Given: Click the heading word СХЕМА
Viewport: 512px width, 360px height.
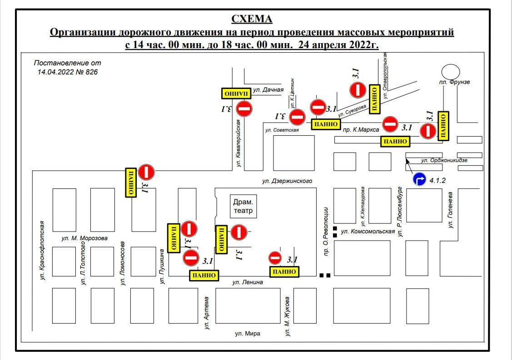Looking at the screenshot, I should coord(252,19).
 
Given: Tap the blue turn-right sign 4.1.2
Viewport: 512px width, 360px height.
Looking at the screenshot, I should coord(419,180).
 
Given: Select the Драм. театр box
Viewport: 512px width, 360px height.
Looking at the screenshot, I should coord(243,207).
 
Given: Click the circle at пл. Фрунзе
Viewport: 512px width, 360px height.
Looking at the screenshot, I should coord(451,71).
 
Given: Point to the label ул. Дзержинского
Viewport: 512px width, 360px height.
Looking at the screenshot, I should coord(287,181).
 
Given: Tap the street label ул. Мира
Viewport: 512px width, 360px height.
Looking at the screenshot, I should coord(248,334).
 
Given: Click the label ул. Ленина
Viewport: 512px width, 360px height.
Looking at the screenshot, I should coord(248,282).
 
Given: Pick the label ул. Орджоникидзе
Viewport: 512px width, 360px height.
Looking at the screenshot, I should coord(444,160).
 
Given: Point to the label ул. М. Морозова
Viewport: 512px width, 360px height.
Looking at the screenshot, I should coord(85,238).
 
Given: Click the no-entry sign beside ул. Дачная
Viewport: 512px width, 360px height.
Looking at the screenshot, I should coord(244,109).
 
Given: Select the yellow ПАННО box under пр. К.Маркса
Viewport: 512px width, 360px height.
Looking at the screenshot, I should coord(395,142).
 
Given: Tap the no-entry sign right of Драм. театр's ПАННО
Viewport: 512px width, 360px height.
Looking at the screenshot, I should coord(239,232).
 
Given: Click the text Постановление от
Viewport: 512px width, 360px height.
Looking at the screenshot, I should coord(68,63).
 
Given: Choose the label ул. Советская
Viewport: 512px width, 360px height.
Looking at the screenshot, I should coord(282,130).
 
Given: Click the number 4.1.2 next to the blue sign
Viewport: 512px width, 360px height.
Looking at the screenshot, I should coord(437,180).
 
